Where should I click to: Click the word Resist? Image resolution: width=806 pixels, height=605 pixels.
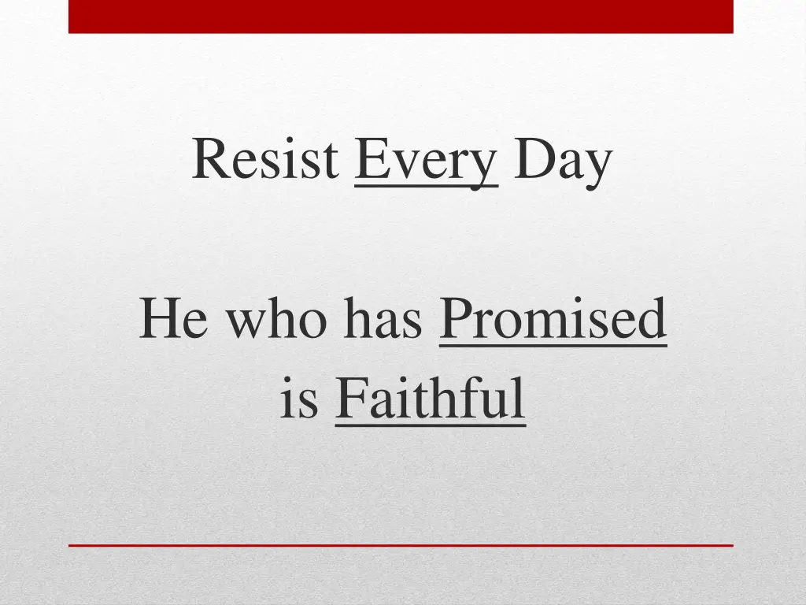(x=264, y=159)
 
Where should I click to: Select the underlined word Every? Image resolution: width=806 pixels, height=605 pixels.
(x=426, y=161)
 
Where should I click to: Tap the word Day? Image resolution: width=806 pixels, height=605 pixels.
(x=562, y=161)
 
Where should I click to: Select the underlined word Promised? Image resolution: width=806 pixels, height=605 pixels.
(x=553, y=320)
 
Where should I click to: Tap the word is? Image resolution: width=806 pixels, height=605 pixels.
(x=299, y=399)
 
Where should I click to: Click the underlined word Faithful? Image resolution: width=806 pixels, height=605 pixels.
(x=430, y=399)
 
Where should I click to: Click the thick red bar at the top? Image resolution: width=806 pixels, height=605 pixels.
(x=401, y=16)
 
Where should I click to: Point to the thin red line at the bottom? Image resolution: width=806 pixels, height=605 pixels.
(x=401, y=544)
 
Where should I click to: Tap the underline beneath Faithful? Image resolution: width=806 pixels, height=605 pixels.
(x=430, y=425)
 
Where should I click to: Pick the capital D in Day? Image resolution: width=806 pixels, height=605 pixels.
(x=531, y=159)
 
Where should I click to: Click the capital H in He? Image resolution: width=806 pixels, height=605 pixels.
(x=160, y=320)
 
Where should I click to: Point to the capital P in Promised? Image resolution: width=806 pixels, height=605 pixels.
(x=454, y=320)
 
